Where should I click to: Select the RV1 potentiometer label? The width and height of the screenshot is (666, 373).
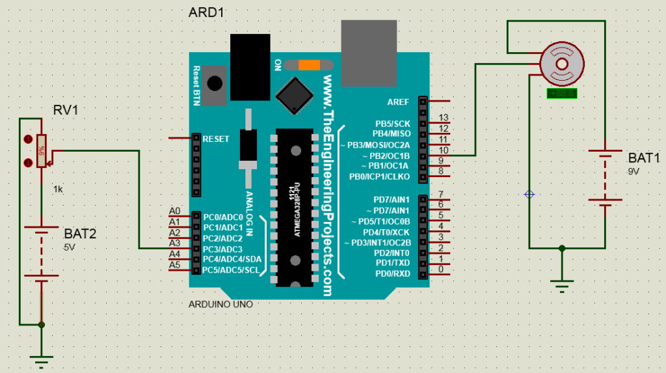pos(66,111)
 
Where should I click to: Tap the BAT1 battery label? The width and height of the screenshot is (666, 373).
pos(643,158)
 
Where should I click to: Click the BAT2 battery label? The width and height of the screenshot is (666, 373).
pos(80,234)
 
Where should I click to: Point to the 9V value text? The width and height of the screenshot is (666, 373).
pos(633,171)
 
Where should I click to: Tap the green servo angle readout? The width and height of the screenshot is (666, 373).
pos(560,93)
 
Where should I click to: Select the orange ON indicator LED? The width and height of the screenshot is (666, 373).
pos(309,65)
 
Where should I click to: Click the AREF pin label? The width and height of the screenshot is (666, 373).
pos(398,102)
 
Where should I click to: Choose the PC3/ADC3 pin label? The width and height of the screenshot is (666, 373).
pos(222,249)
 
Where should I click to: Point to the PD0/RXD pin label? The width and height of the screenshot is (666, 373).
pos(392,273)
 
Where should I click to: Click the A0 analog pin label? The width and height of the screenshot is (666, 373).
pos(174,211)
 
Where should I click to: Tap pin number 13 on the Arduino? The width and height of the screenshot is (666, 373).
pos(444,118)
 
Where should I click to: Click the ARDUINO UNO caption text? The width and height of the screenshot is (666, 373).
pos(220,304)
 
